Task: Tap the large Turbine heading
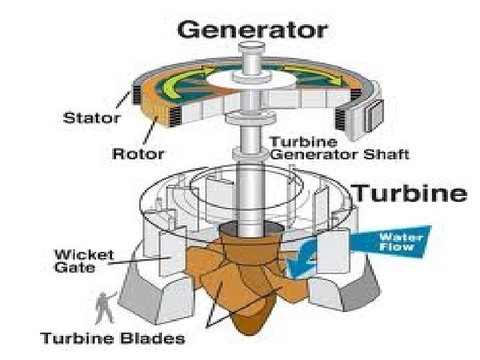pos(409,194)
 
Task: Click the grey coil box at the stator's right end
pos(372,112)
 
